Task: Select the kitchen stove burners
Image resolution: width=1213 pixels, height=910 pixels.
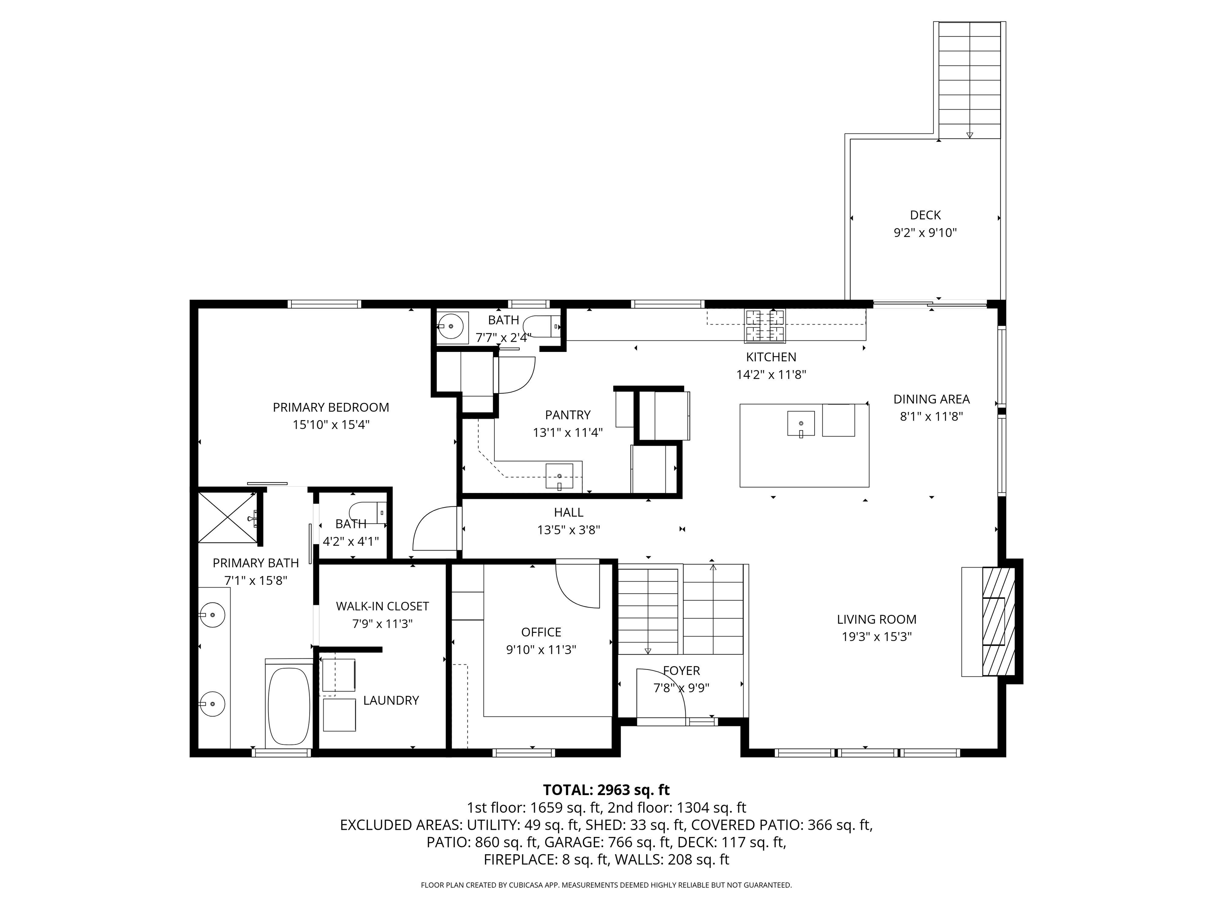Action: coord(764,325)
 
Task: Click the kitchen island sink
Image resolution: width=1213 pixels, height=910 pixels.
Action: coord(801,423)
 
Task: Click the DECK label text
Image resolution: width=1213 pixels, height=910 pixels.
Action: coord(925,216)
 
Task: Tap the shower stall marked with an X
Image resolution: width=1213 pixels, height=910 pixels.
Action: coord(227,517)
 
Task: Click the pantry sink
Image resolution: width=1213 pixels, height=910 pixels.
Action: coord(560,476)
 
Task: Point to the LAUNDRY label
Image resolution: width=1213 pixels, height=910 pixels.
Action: coord(391,700)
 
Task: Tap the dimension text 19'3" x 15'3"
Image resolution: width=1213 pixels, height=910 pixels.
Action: coord(877,637)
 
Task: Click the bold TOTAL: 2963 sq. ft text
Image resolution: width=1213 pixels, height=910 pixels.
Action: coord(606,790)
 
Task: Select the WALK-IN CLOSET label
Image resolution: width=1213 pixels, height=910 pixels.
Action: coord(382,606)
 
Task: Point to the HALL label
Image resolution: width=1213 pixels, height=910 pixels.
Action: coord(569,512)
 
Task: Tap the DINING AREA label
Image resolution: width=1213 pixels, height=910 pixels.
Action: coord(932,399)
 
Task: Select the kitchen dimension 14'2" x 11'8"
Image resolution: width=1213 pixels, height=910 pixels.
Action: coord(771,375)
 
